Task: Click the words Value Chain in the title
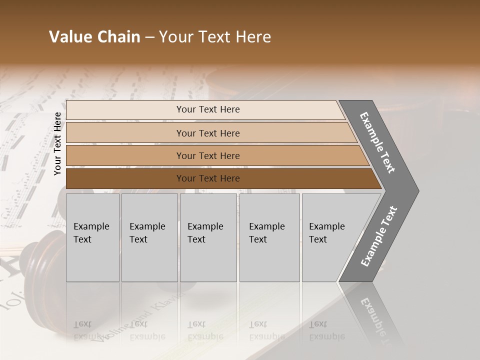point(94,37)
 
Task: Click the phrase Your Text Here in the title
point(215,37)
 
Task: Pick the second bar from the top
point(207,133)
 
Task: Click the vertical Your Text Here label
point(57,143)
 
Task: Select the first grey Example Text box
point(92,237)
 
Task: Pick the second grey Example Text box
point(149,237)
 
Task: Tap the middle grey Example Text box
point(208,237)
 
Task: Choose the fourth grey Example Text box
point(269,237)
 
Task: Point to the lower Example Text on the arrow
point(379,236)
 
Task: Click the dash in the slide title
point(149,37)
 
